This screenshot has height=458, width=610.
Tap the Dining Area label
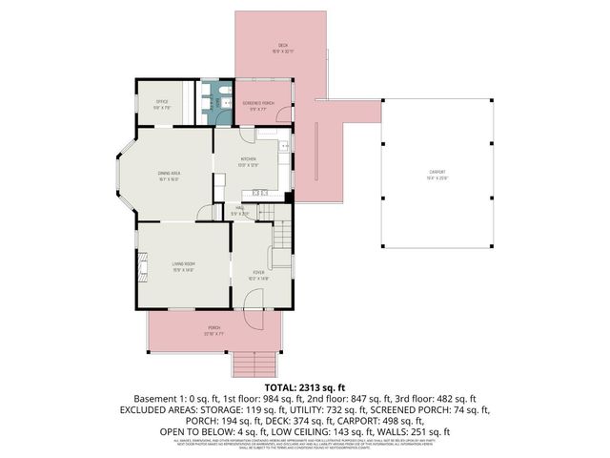click(170, 173)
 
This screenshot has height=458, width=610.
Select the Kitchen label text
click(248, 161)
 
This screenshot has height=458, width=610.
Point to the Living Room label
click(183, 265)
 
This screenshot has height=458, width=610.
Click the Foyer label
click(258, 276)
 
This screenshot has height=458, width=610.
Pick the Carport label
click(437, 174)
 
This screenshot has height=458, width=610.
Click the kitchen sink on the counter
click(284, 146)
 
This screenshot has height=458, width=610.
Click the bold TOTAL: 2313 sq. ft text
click(305, 388)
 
